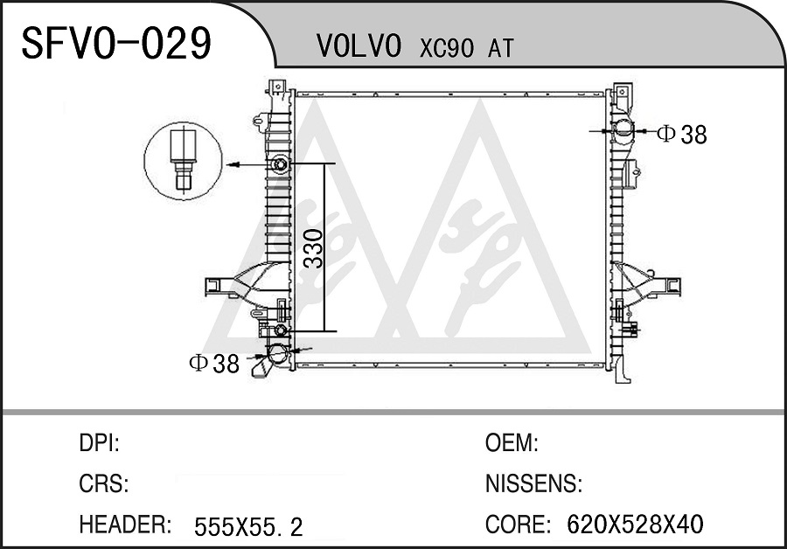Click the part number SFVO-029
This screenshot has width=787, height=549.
(x=116, y=43)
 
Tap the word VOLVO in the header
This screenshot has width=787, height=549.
(x=359, y=46)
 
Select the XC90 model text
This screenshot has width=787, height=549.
(x=446, y=48)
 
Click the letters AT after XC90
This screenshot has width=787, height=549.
(x=500, y=48)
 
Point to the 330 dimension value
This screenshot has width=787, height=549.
(x=315, y=248)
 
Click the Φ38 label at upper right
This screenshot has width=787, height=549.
(x=682, y=135)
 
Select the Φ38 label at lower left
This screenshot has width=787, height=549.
(x=214, y=364)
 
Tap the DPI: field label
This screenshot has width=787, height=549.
(x=99, y=443)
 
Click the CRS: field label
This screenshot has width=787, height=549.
(x=104, y=483)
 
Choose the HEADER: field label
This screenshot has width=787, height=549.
(x=125, y=525)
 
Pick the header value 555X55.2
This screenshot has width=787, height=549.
(x=248, y=527)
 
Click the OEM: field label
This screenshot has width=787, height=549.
(x=512, y=443)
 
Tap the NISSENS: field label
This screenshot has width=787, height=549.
(x=533, y=483)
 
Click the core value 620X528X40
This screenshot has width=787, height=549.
(x=635, y=525)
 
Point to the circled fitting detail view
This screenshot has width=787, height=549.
(x=184, y=161)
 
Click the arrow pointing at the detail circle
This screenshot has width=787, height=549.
(x=248, y=164)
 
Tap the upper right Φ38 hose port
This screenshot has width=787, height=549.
(x=623, y=130)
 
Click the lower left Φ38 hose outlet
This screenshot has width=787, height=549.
(x=277, y=355)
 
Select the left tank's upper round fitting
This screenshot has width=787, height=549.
(x=280, y=163)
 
